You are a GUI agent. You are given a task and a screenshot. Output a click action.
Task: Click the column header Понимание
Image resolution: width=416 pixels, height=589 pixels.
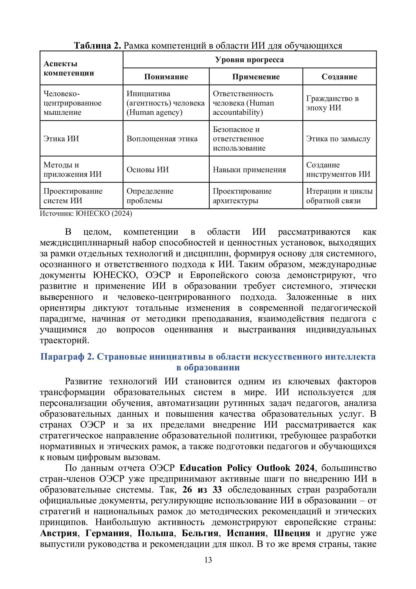[166, 77]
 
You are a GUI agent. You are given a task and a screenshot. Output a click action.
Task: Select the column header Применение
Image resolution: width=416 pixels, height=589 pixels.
[256, 77]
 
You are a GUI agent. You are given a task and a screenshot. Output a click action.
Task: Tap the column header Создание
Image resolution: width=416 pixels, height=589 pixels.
[339, 77]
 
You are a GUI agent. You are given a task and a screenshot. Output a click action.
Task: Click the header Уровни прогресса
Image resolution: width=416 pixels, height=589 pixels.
[249, 59]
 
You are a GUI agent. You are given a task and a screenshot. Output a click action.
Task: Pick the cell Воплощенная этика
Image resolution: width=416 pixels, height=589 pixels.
[162, 139]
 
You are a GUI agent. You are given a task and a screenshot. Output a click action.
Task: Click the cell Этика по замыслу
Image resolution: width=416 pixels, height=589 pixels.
[338, 139]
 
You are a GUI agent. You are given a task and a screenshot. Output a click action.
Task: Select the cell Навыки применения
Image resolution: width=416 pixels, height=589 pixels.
[249, 169]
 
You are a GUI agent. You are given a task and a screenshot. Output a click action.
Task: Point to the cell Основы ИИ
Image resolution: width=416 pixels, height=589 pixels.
[148, 169]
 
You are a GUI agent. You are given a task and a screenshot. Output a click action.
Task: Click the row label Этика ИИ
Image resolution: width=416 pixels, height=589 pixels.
[61, 139]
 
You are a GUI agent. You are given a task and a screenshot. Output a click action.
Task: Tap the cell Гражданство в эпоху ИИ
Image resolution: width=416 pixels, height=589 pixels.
[332, 103]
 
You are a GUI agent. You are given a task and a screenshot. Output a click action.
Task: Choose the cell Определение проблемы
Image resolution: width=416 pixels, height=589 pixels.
[150, 196]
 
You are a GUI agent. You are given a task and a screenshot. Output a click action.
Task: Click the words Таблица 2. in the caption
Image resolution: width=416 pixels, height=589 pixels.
[97, 46]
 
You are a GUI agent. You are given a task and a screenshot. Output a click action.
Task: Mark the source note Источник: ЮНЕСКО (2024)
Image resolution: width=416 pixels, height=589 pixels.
[86, 214]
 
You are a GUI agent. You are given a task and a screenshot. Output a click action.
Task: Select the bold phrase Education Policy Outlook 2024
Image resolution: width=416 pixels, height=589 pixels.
[247, 468]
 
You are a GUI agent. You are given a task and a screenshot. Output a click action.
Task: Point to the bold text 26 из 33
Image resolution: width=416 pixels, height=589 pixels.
[202, 490]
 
